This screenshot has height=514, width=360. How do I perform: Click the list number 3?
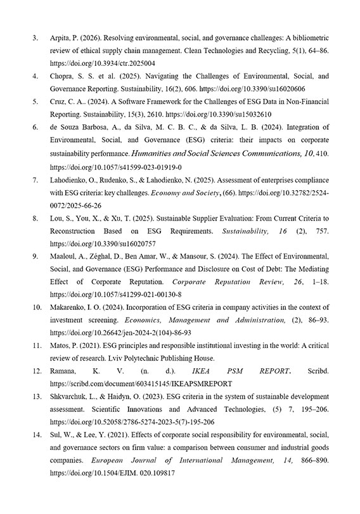(x=35, y=37)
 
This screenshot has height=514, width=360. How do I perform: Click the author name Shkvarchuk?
(x=68, y=397)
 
